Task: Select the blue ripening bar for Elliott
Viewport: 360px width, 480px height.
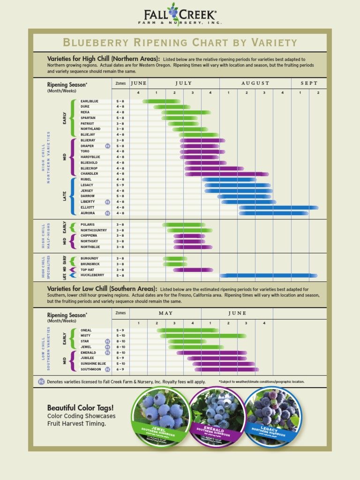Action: [278, 208]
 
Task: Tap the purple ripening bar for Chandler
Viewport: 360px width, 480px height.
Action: [226, 174]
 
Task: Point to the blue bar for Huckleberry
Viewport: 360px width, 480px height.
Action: [268, 276]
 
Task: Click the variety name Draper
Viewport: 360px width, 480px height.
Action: [87, 146]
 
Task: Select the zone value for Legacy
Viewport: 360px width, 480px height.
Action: [120, 185]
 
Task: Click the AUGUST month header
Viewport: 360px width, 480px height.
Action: [255, 83]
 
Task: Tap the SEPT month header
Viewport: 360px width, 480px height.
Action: [309, 83]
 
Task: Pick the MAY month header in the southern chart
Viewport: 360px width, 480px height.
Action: [165, 313]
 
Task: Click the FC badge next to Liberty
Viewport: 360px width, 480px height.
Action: [107, 202]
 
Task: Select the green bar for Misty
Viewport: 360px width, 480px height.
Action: [203, 336]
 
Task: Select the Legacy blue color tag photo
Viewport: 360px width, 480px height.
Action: [271, 415]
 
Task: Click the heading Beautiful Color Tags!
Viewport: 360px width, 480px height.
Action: [80, 407]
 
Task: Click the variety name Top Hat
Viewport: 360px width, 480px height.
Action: [88, 270]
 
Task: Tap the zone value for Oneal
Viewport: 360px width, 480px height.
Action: [120, 330]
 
